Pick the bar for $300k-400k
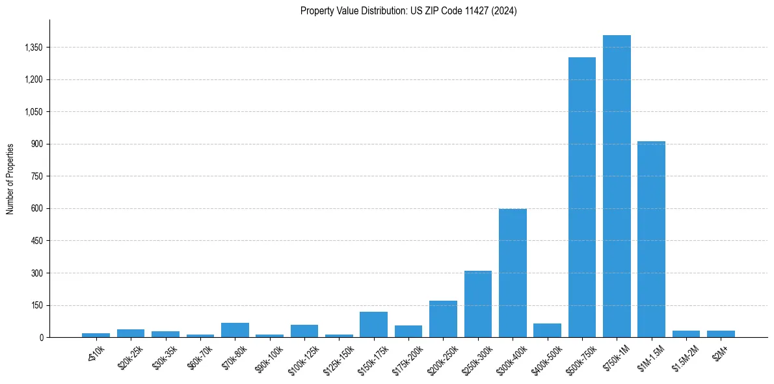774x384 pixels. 513,273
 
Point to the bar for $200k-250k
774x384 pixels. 443,320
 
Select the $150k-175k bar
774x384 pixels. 373,325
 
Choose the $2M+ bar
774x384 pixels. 721,334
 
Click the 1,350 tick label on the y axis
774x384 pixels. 33,48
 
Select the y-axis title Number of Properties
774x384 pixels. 10,179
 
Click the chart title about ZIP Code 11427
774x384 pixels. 408,11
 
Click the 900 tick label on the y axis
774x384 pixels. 36,144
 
